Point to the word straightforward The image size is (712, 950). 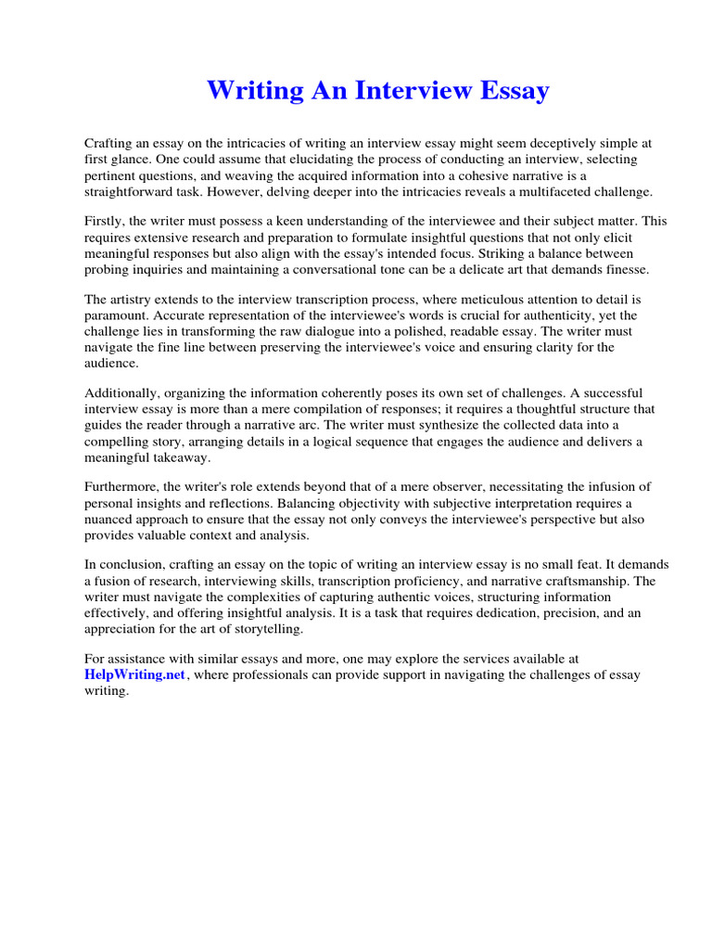(x=133, y=191)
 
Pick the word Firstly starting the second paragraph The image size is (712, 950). (x=104, y=222)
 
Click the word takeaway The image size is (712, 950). (x=181, y=456)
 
